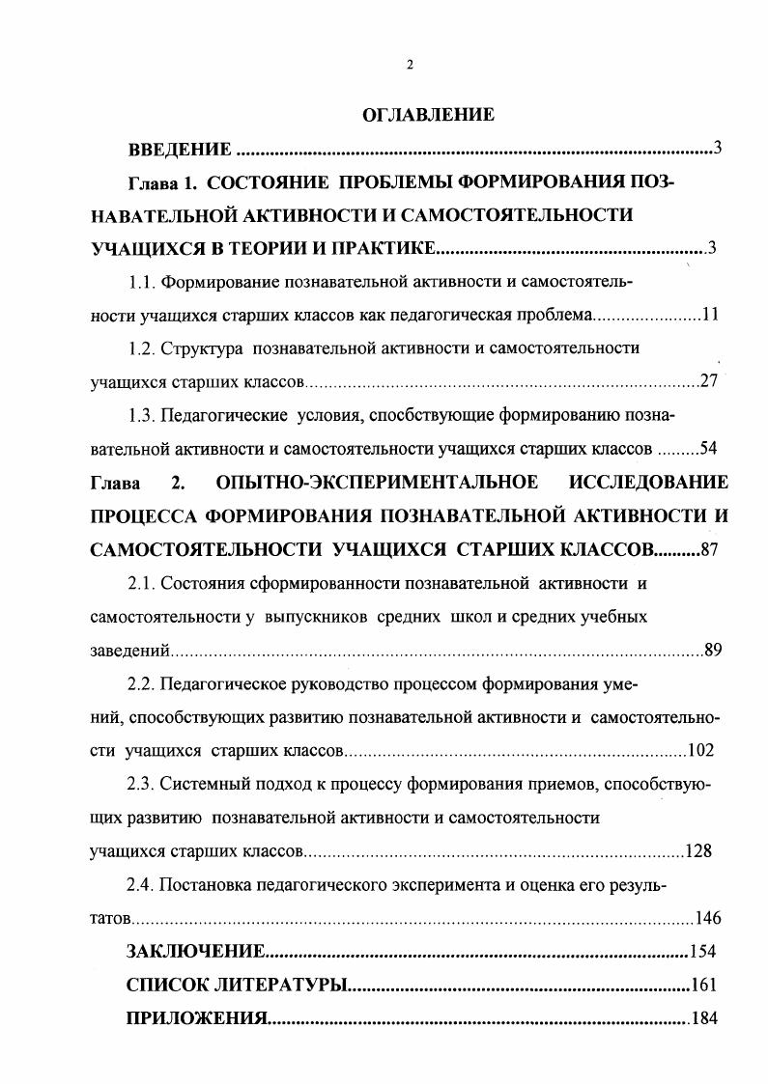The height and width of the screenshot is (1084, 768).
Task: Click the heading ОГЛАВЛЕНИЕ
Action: tap(428, 115)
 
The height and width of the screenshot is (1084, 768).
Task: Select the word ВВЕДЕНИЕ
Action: tap(180, 150)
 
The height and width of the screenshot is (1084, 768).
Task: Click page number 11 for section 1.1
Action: tap(710, 315)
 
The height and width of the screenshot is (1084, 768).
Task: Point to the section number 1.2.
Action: tap(141, 347)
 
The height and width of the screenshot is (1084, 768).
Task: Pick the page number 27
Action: tap(709, 380)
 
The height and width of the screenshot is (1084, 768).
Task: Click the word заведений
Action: tap(130, 650)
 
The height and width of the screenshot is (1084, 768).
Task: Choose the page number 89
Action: tap(713, 650)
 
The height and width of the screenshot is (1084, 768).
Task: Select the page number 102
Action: tap(699, 750)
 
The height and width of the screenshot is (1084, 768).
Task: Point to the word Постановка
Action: tap(205, 884)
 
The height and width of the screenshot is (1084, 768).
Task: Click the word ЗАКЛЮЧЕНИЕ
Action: tap(196, 952)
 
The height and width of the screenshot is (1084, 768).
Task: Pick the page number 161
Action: tap(702, 986)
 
